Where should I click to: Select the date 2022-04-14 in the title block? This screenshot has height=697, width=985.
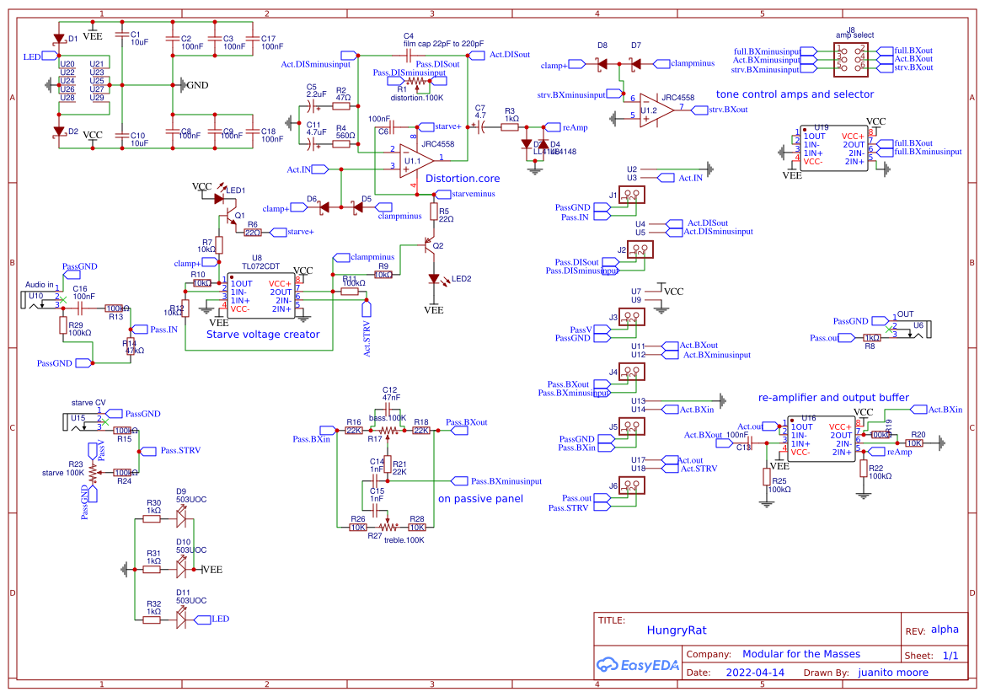point(755,673)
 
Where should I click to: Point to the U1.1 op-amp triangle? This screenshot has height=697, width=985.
point(412,159)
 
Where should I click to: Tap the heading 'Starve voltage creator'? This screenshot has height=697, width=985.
point(263,335)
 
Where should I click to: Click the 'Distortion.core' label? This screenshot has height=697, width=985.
point(463,179)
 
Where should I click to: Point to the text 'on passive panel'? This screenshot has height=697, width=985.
point(480,499)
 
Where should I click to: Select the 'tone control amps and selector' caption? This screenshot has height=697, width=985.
point(795,94)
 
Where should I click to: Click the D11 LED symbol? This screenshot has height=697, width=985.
point(181,620)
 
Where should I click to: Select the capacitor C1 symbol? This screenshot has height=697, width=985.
point(122,40)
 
